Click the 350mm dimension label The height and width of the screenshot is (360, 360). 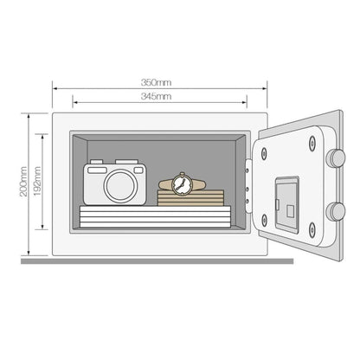(x=156, y=82)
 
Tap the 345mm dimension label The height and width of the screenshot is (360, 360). (x=156, y=96)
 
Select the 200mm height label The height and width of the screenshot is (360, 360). (x=23, y=182)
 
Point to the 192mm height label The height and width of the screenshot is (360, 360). (x=37, y=182)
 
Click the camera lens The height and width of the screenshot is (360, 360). (x=120, y=185)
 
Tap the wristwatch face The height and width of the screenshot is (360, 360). (x=182, y=184)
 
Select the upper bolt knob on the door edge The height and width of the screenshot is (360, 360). (x=336, y=158)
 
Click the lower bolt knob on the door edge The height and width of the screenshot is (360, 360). (x=336, y=212)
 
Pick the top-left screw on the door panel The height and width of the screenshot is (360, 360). (x=264, y=153)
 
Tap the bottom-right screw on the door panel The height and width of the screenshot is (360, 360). (x=312, y=230)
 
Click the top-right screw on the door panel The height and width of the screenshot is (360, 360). (x=312, y=143)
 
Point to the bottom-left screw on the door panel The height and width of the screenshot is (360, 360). (x=264, y=220)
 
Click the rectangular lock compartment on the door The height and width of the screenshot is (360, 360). (x=287, y=204)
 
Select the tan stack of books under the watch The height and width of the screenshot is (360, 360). (x=190, y=197)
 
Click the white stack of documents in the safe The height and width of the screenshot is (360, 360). (x=155, y=216)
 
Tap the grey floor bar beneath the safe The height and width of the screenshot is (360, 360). (x=157, y=261)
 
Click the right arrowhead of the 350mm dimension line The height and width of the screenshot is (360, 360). (x=265, y=88)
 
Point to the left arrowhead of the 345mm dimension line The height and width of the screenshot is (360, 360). (x=74, y=102)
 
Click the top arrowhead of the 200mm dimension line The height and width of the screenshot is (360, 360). (x=29, y=116)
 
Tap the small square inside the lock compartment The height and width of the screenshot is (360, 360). (x=291, y=211)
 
